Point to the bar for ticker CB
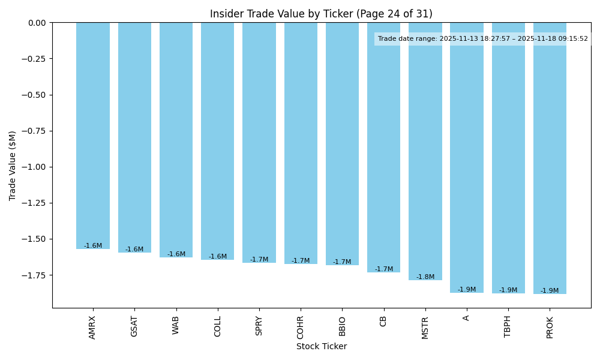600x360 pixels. pyautogui.click(x=383, y=147)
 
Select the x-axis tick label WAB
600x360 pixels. pyautogui.click(x=176, y=325)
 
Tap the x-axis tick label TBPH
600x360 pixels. pyautogui.click(x=508, y=326)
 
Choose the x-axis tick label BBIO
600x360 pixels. pyautogui.click(x=342, y=326)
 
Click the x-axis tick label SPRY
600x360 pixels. pyautogui.click(x=259, y=326)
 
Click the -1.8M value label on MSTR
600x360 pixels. pyautogui.click(x=425, y=277)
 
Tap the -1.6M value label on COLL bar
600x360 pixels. pyautogui.click(x=218, y=257)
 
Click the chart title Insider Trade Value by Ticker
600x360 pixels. pyautogui.click(x=321, y=14)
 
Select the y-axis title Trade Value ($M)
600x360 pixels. pyautogui.click(x=13, y=165)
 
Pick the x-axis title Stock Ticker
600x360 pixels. pyautogui.click(x=321, y=346)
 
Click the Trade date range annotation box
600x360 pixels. pyautogui.click(x=482, y=39)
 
